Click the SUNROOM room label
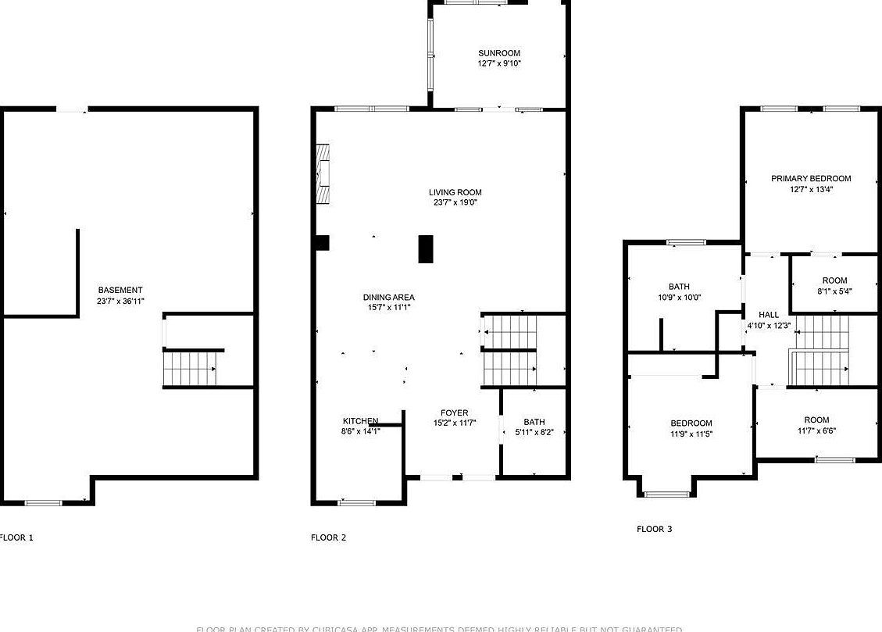pyautogui.click(x=499, y=53)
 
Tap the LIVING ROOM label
pyautogui.click(x=455, y=192)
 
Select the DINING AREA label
pyautogui.click(x=388, y=297)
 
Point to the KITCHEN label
pyautogui.click(x=360, y=421)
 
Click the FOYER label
pyautogui.click(x=455, y=412)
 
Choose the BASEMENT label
pyautogui.click(x=120, y=290)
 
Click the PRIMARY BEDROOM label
pyautogui.click(x=811, y=178)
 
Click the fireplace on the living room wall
pyautogui.click(x=323, y=174)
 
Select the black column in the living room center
pyautogui.click(x=426, y=249)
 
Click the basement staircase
pyautogui.click(x=190, y=368)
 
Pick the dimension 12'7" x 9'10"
pyautogui.click(x=499, y=63)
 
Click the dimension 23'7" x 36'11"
pyautogui.click(x=120, y=300)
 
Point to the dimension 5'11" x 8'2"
pyautogui.click(x=534, y=431)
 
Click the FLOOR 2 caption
pyautogui.click(x=328, y=537)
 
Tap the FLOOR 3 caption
pyautogui.click(x=654, y=529)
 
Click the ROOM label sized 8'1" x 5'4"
pyautogui.click(x=834, y=280)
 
